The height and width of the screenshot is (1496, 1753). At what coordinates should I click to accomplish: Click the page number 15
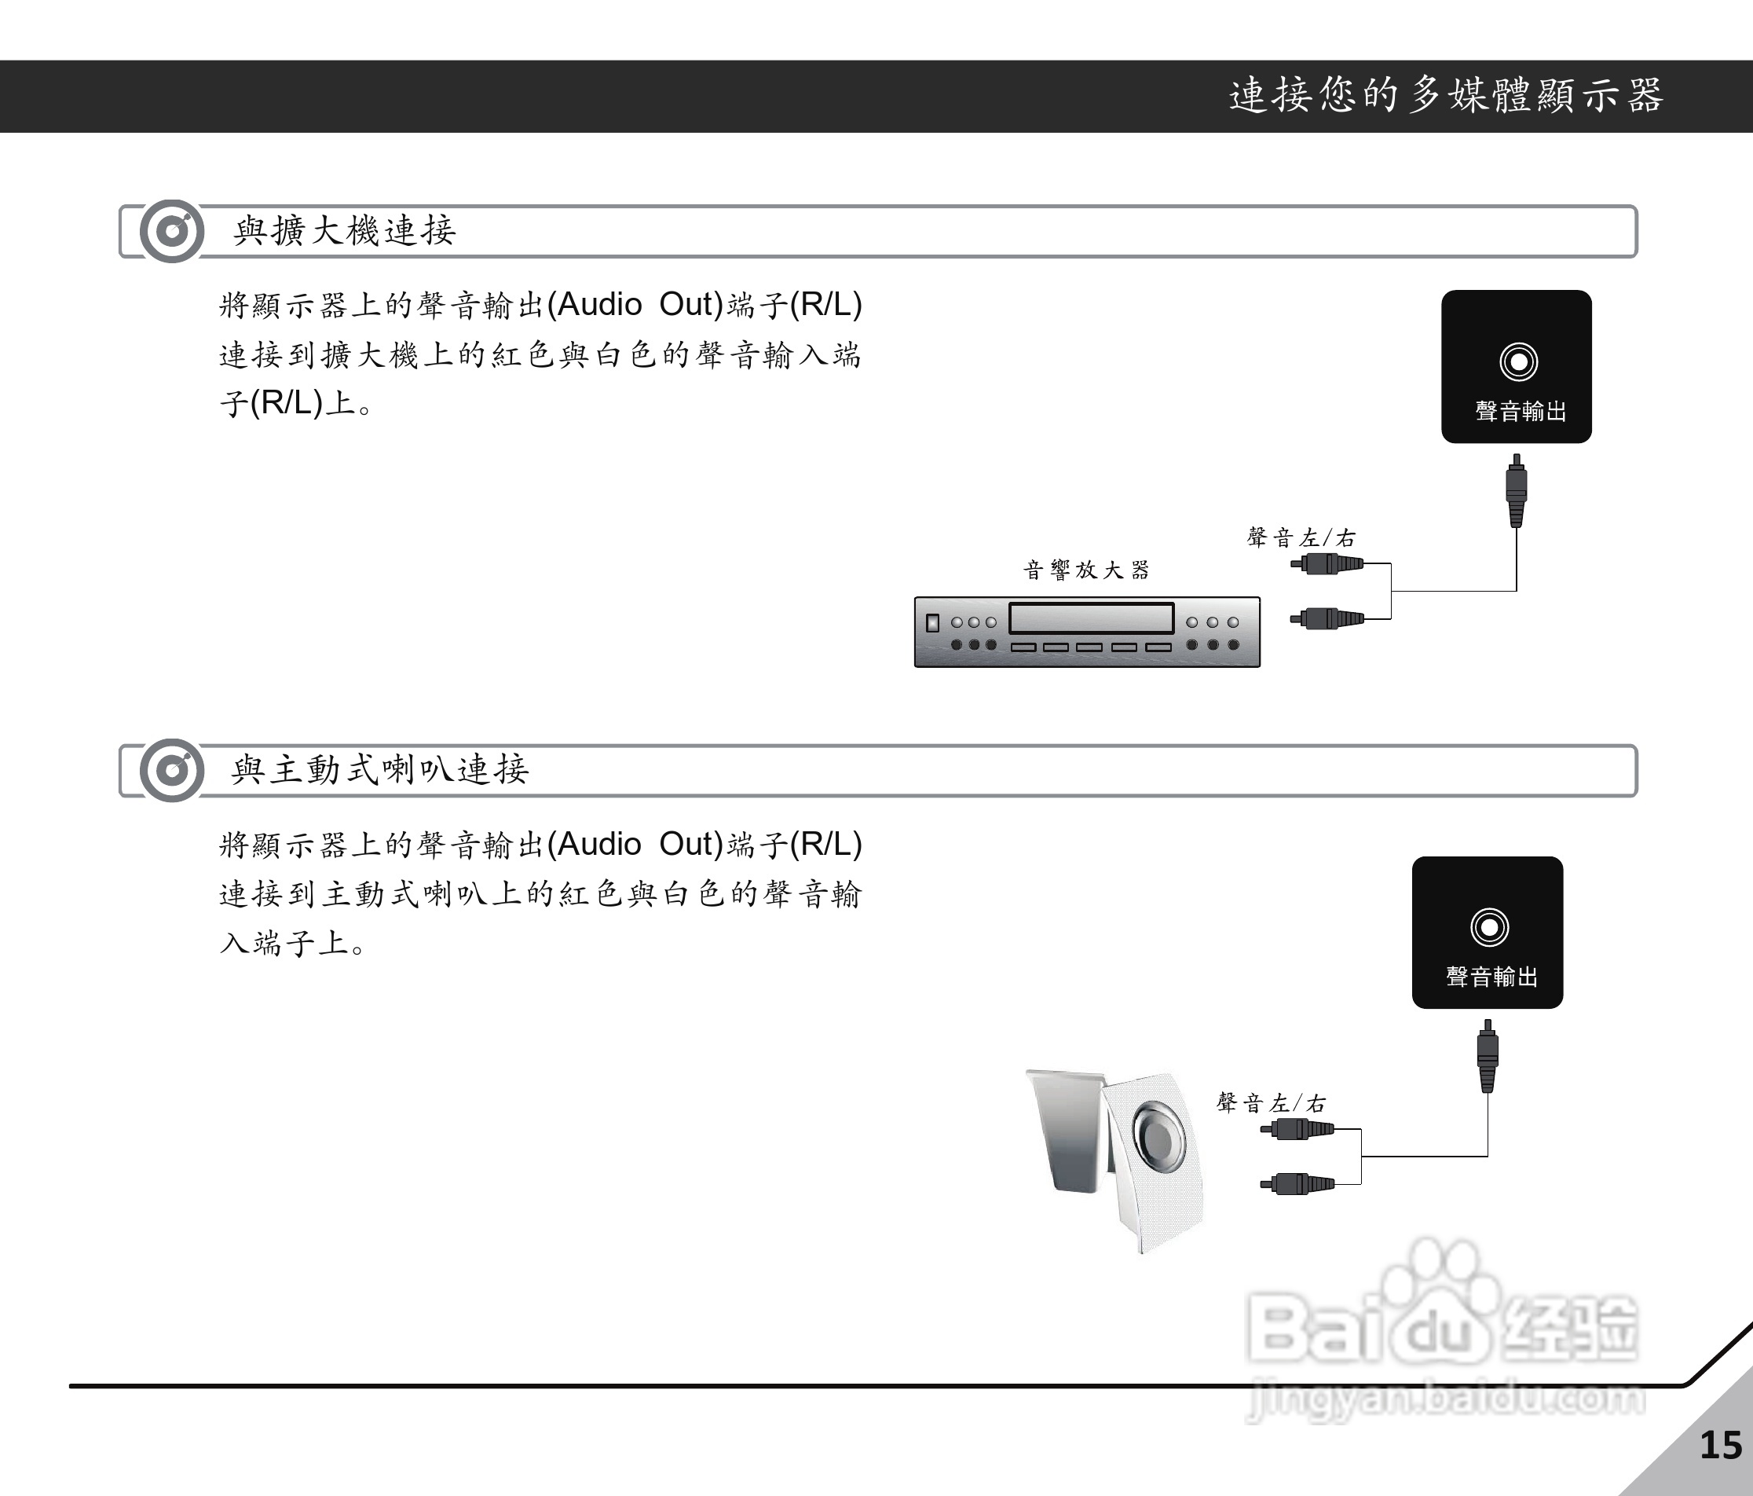1720,1445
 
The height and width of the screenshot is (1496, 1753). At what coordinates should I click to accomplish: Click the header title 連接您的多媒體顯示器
1446,96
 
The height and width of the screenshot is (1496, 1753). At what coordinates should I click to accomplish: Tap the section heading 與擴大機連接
344,231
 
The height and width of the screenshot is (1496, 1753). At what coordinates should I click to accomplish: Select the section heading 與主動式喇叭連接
380,770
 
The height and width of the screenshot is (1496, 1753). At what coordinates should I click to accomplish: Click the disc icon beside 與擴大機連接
172,231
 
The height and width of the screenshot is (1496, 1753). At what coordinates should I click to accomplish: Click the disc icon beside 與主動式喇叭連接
172,770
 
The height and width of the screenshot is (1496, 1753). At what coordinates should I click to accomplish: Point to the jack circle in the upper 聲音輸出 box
1518,362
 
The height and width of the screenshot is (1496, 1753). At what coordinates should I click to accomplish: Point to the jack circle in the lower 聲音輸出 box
1489,927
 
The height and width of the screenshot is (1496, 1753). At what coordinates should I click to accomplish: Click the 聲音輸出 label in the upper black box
1521,411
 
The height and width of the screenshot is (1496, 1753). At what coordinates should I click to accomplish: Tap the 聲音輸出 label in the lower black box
1491,977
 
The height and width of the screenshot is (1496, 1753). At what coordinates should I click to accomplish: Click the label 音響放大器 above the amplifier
1086,570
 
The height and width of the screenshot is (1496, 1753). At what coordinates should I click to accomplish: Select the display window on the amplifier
1092,618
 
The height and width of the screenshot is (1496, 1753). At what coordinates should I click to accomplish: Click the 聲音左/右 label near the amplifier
1301,538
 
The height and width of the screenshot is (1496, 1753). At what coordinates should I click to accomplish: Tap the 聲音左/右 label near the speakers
1271,1103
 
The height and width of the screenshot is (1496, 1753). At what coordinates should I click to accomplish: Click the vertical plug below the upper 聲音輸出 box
1516,491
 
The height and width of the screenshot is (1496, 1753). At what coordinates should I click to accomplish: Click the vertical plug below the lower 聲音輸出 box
1488,1056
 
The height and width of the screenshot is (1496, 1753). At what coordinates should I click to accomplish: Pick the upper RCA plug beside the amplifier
1327,563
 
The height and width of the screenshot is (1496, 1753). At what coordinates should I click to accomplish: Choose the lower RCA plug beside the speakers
1297,1183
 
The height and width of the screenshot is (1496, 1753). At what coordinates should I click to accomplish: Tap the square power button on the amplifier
932,623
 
